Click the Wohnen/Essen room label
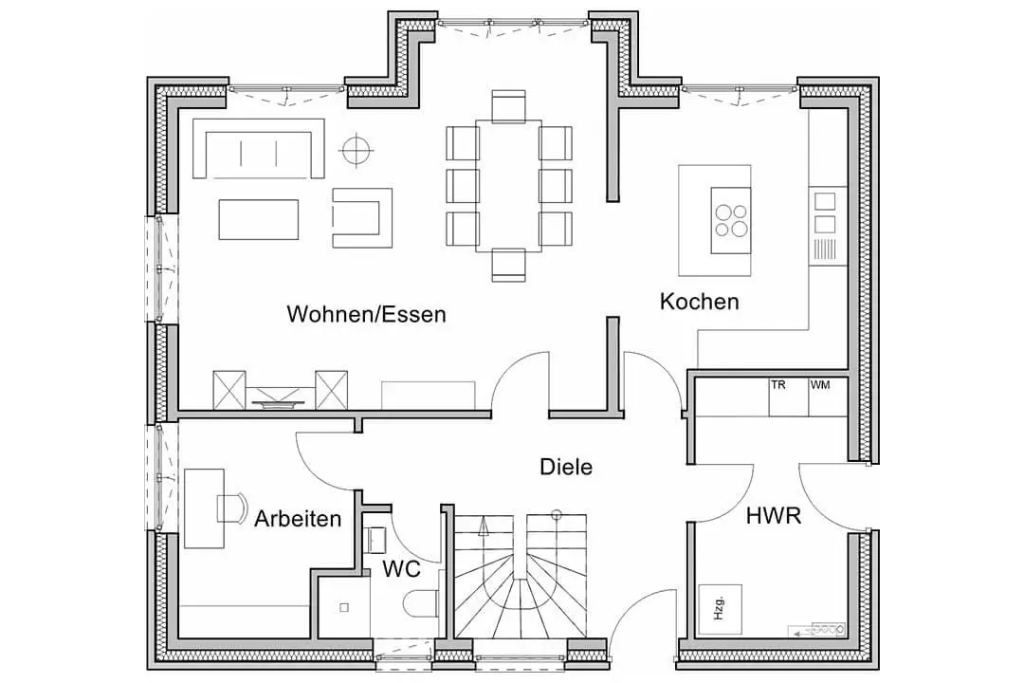366,314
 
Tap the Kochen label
700,302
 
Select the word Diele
566,467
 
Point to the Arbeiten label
298,518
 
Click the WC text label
402,568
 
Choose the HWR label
774,516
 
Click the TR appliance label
777,385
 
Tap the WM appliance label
820,385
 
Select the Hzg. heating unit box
721,609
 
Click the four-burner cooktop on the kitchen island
731,220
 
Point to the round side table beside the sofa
357,150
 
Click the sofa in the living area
259,148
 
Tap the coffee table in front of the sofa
259,220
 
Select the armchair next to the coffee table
362,217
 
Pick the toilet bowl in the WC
421,603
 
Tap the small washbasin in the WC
378,540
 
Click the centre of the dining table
509,186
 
